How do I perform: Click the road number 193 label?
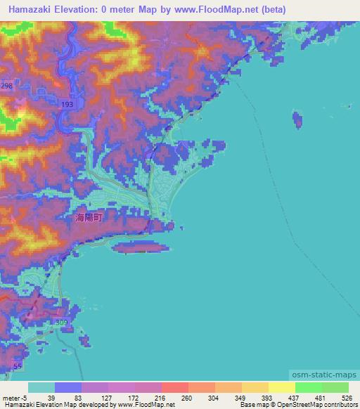(67, 105)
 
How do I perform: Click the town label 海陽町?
(89, 219)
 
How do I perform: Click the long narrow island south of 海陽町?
(141, 247)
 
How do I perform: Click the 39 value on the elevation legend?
(51, 398)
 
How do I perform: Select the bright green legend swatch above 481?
(309, 387)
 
